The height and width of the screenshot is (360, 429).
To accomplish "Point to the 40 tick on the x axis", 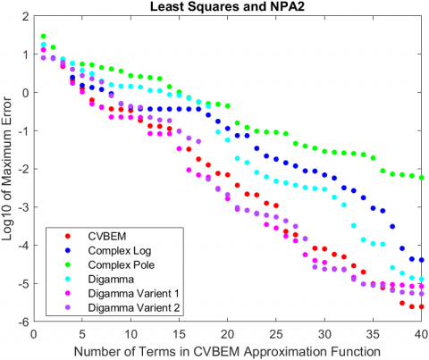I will click(421, 331).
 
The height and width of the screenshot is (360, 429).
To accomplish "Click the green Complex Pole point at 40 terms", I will click(421, 178).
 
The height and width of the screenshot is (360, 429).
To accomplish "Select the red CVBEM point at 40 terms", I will click(421, 306).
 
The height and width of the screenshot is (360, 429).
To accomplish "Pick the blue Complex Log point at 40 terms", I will click(421, 259).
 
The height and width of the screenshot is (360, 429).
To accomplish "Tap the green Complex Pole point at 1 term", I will click(43, 37).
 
